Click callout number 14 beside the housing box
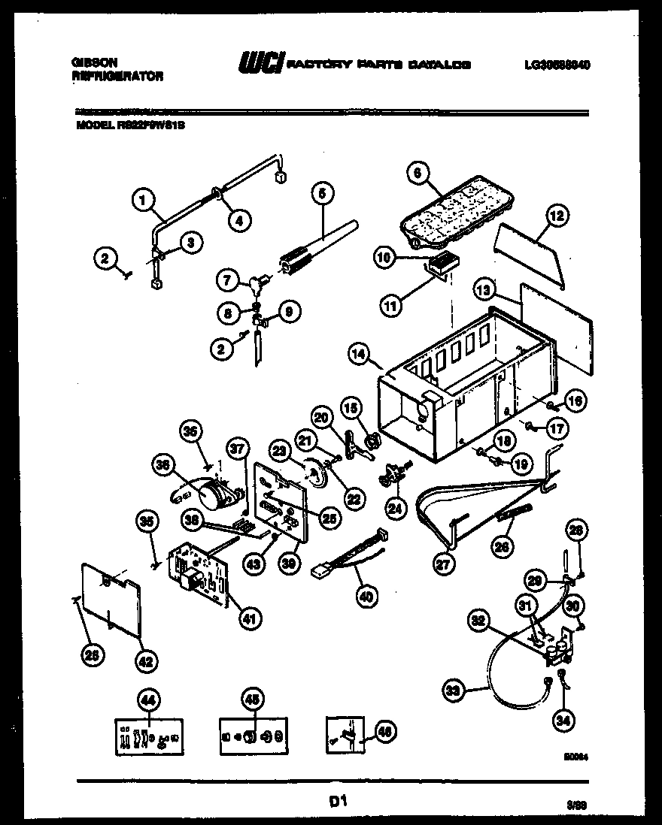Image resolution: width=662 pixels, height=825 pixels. click(359, 353)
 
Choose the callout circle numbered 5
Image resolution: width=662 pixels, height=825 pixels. click(321, 194)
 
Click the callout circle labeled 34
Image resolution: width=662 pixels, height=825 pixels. click(562, 721)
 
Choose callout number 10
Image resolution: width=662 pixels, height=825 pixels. click(384, 257)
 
